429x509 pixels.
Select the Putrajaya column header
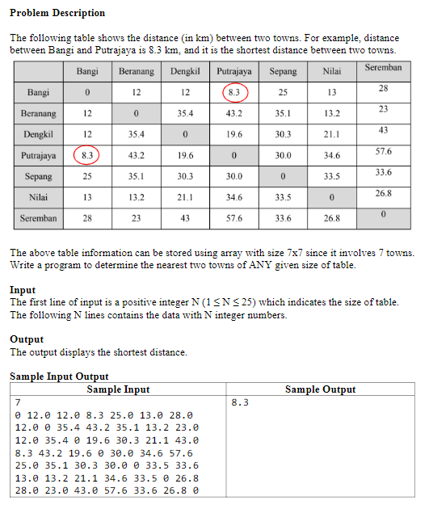[x=234, y=71]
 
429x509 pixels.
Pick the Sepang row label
[x=38, y=176]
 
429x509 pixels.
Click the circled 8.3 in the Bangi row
[x=234, y=92]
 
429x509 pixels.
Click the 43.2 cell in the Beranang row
[x=234, y=113]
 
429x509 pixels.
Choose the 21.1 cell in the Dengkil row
[x=331, y=134]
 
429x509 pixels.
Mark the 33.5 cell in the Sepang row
[x=331, y=176]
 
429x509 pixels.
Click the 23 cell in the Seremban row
[x=137, y=218]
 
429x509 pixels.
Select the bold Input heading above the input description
[x=23, y=289]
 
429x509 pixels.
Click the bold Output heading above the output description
[x=27, y=339]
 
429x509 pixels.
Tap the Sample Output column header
[x=320, y=389]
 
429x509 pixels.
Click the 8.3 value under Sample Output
[x=239, y=402]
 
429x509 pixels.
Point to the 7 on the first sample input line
[x=18, y=402]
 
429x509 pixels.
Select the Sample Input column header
[x=118, y=389]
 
